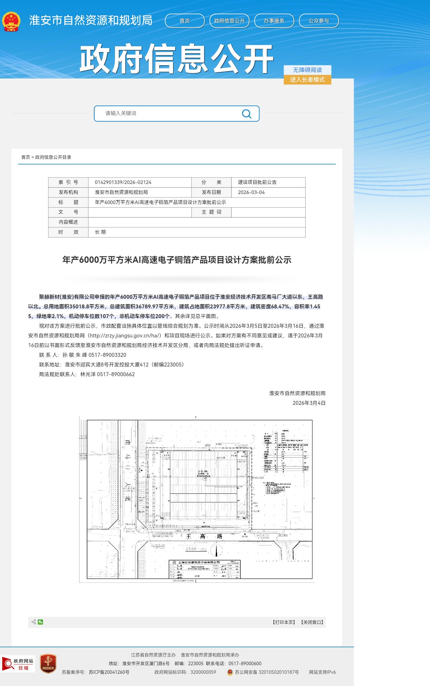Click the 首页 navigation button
(x=185, y=21)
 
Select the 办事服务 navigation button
(x=274, y=21)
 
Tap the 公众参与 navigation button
(x=319, y=21)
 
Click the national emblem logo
(x=11, y=22)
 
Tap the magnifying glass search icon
(x=247, y=114)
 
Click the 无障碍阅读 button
(x=307, y=70)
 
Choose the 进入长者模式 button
(x=307, y=80)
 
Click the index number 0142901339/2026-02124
(x=123, y=182)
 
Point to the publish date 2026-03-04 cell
(x=251, y=192)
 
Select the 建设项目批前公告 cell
(x=257, y=182)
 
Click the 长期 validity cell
(x=100, y=232)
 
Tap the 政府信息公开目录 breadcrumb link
(x=53, y=157)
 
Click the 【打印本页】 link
(x=284, y=622)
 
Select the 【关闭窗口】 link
(x=312, y=622)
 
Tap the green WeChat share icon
(x=40, y=622)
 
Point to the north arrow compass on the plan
(x=216, y=550)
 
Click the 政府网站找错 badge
(x=18, y=664)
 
